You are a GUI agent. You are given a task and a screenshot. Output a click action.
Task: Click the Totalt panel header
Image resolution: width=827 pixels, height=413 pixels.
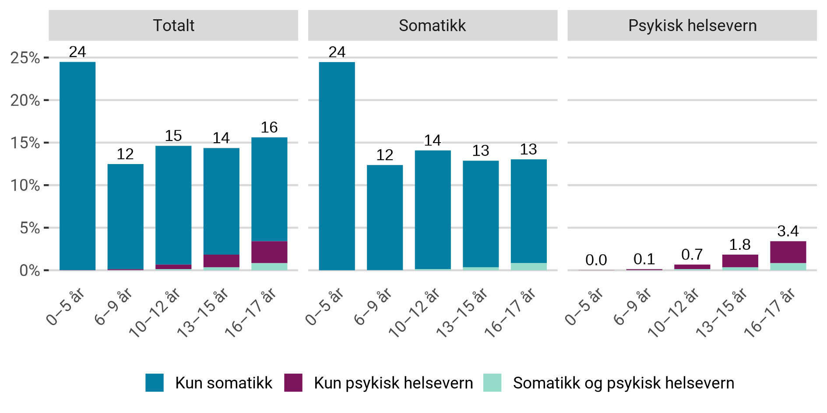coord(173,25)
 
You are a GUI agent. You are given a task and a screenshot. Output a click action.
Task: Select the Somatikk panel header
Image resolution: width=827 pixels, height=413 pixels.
coord(433,25)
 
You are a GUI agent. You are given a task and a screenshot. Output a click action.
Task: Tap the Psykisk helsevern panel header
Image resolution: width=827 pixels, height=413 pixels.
coord(692,25)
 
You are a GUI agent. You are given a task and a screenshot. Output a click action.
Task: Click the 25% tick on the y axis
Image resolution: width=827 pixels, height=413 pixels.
coord(25,58)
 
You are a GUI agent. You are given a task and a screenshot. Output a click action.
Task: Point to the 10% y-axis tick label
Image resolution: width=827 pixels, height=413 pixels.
coord(25,185)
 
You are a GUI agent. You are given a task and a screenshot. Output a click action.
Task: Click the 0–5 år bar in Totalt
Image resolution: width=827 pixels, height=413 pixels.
coord(77,166)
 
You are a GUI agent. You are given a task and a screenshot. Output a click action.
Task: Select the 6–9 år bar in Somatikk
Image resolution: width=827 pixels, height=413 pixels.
coord(385,217)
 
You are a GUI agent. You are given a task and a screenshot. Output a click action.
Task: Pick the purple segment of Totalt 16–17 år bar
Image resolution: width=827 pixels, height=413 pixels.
coord(269,252)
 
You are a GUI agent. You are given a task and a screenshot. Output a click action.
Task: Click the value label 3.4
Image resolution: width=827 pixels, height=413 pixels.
coord(788,231)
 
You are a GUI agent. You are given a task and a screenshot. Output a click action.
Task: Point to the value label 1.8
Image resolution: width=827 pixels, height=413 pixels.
coord(740,245)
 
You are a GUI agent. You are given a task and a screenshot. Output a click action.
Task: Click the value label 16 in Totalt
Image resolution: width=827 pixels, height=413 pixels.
coord(269,127)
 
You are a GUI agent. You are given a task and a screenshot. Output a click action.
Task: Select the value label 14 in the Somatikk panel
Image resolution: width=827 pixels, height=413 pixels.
coord(433,140)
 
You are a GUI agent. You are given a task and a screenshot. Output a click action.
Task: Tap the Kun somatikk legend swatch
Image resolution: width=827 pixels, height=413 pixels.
coord(155,383)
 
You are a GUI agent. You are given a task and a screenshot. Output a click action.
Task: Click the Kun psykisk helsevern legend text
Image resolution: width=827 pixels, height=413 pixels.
coord(393,383)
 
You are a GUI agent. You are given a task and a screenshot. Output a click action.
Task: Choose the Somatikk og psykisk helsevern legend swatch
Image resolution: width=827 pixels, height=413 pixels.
coord(492,383)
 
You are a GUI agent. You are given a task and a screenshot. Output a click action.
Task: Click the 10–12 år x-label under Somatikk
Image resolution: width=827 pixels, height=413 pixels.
coord(414,313)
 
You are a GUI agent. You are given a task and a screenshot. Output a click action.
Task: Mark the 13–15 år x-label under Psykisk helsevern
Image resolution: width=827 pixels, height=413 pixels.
coord(721,313)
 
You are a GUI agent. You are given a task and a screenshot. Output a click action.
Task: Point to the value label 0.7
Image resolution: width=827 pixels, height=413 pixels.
coord(692,255)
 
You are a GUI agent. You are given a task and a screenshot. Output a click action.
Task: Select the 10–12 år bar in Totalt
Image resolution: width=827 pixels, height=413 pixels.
coord(173,206)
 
